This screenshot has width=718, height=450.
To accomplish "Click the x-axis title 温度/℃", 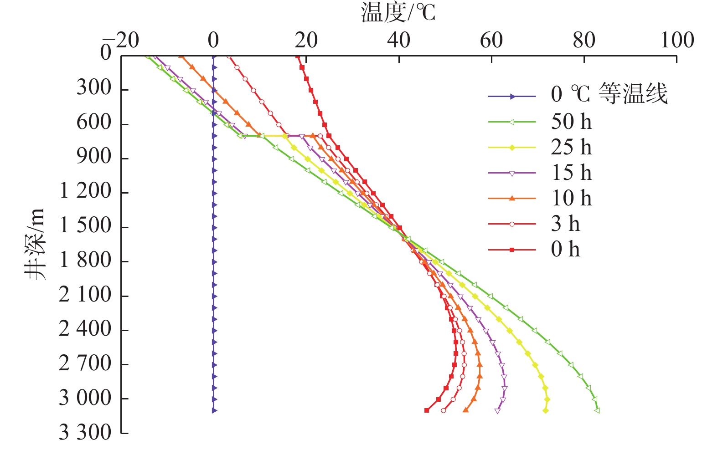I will (398, 12).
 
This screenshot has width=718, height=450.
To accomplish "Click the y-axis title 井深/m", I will (35, 244).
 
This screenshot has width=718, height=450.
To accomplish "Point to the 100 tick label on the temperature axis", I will (677, 40).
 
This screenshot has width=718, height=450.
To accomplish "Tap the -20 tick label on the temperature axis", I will (121, 40).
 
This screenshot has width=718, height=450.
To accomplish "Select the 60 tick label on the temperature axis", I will (491, 40).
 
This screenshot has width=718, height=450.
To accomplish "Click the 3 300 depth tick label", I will (85, 432).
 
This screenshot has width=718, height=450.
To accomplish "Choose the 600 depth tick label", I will (94, 123).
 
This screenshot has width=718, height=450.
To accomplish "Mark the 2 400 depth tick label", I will (85, 329).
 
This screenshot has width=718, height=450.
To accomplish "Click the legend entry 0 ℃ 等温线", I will (609, 94).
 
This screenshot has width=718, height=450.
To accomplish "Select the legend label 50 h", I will (571, 122).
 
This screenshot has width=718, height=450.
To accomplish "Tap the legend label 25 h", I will (571, 147).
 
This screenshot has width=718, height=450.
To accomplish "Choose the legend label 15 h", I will (571, 173).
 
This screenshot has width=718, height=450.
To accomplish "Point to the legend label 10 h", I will (571, 198).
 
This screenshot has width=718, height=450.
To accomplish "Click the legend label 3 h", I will (565, 224).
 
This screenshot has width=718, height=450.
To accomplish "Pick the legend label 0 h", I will (565, 249).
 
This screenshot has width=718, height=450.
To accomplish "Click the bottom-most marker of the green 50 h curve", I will (597, 410).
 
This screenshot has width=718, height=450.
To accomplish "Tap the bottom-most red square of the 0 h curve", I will (427, 410).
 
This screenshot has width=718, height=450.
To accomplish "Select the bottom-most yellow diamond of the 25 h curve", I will (546, 410).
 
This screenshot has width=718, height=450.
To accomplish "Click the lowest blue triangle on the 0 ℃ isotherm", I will (214, 410).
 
